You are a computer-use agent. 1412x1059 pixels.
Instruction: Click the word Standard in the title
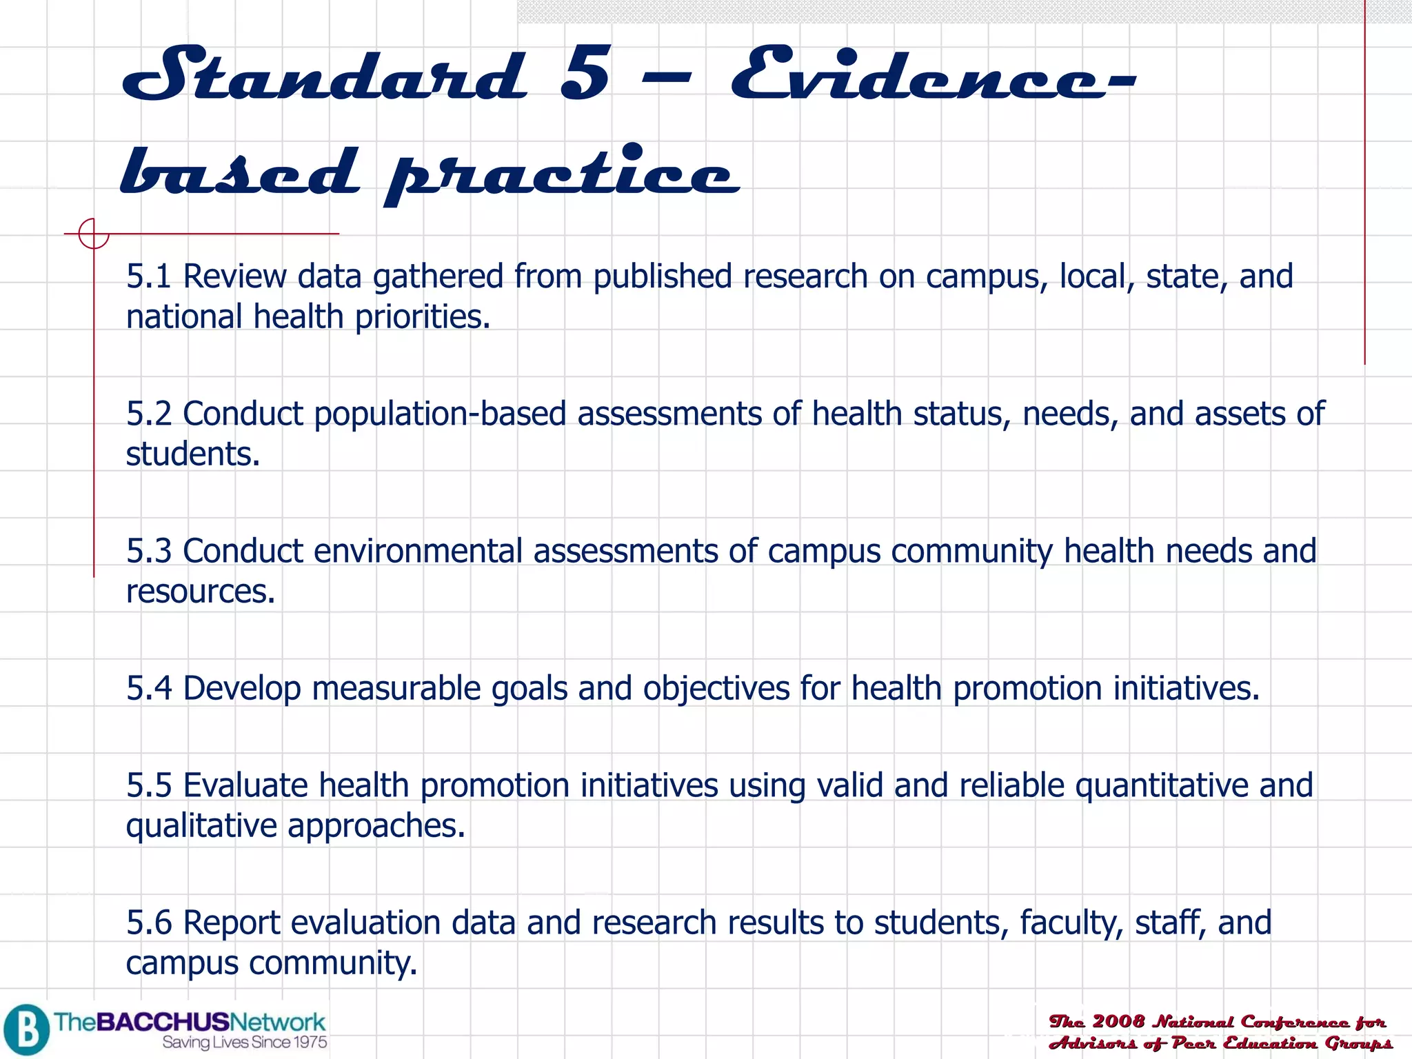tap(324, 74)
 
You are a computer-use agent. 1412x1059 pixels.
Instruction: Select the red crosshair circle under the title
tap(93, 233)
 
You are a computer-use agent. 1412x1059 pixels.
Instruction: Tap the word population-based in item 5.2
tap(440, 414)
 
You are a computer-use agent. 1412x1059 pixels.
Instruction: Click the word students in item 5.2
tap(192, 454)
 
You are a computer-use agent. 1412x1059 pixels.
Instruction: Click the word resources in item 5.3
tap(200, 592)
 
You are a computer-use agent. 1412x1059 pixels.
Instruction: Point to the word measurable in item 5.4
tap(396, 688)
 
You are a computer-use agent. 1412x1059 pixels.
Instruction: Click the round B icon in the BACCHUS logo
tap(26, 1029)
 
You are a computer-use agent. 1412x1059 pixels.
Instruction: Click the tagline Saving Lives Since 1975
tap(245, 1042)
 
